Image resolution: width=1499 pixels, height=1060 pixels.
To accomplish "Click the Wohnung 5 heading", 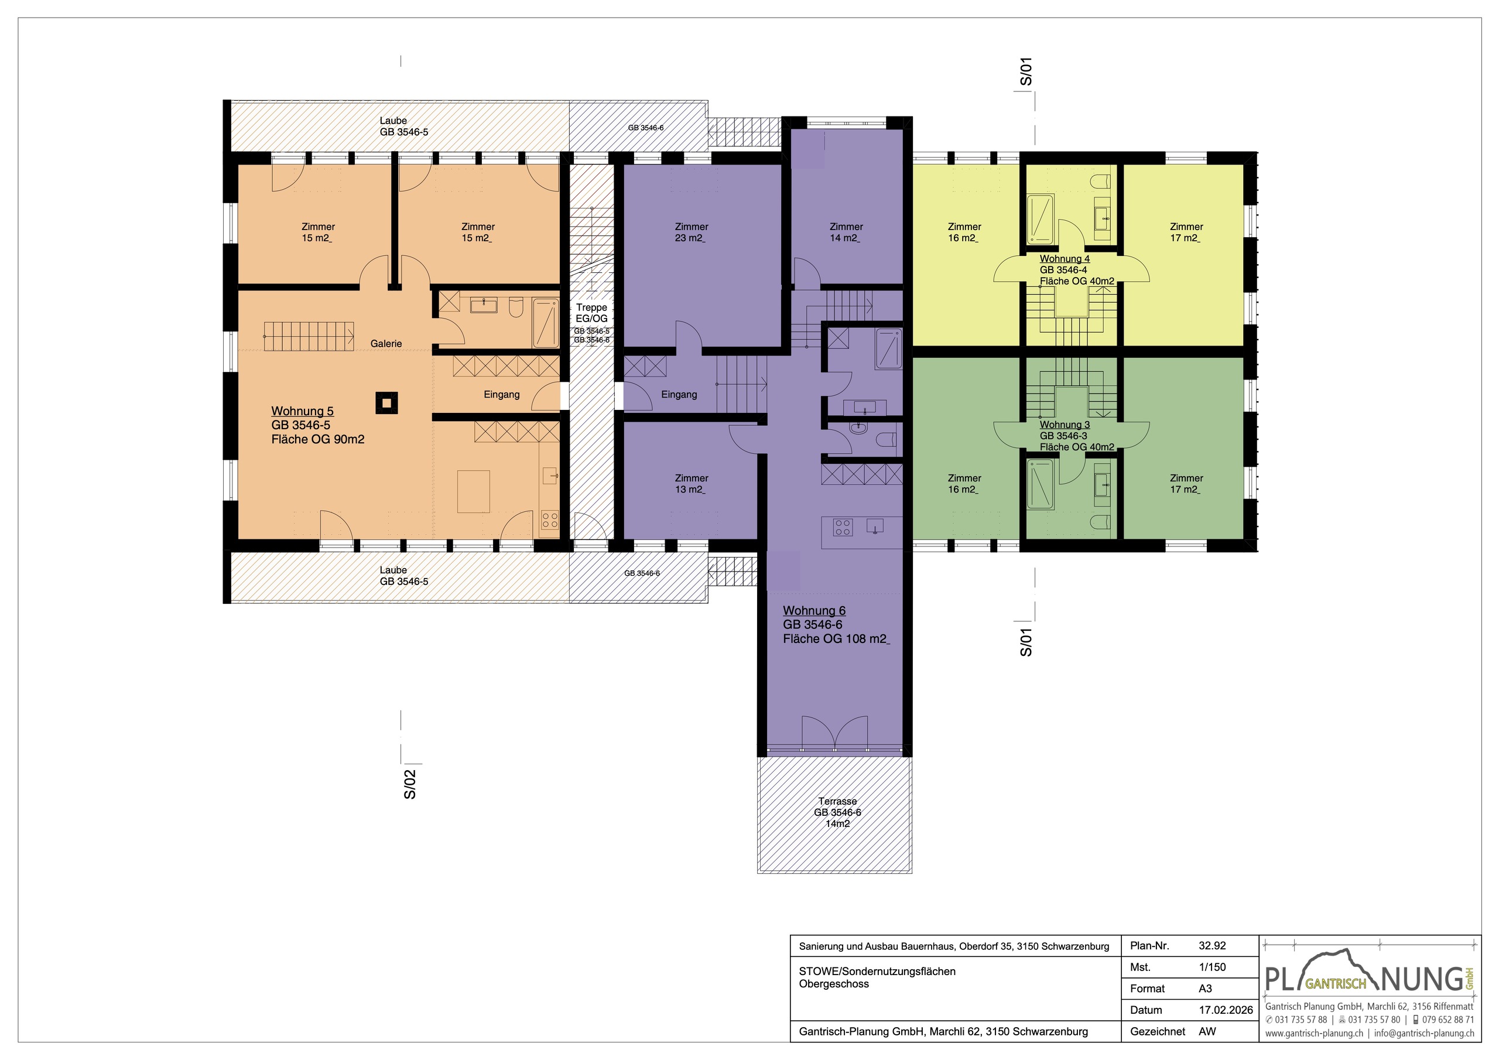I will pos(302,411).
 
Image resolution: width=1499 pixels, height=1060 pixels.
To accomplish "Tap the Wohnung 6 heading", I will pos(814,611).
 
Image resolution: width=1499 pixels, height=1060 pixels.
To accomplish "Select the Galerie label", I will pos(386,344).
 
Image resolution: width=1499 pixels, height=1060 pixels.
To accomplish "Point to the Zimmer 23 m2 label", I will pos(691,232).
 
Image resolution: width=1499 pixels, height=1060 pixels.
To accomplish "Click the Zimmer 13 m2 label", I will pos(691,484).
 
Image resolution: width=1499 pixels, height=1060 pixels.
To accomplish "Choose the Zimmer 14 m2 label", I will pos(846,232).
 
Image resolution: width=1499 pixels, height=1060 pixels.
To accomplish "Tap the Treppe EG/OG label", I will pos(591,313).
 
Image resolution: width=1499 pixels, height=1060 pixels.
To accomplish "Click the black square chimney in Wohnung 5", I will pos(386,403).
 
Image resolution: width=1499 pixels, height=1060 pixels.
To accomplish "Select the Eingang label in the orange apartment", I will pos(501,395).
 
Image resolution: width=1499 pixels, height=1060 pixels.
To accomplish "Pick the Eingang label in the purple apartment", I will pos(679,395).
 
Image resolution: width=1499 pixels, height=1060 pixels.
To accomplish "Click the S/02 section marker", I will pos(409,784).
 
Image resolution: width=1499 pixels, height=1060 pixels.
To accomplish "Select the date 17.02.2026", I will pos(1226,1010).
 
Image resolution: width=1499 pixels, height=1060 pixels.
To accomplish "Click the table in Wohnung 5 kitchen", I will pos(473,491).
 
